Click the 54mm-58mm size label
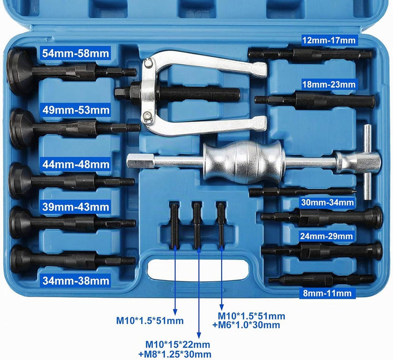coord(75,54)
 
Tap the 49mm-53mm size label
coord(76,110)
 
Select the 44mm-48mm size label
coord(76,164)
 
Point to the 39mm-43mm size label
coord(76,207)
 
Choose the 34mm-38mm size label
coord(76,281)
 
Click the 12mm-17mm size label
coord(329,40)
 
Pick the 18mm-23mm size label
coord(329,84)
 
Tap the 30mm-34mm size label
coord(327,202)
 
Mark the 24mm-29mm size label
coord(326,236)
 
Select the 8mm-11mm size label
coord(327,293)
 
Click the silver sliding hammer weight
coord(244,161)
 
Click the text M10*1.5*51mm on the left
coord(150,321)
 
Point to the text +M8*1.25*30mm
coord(175,354)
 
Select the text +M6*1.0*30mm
coord(246,325)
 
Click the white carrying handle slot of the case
coord(198,270)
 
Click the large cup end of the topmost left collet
coord(18,72)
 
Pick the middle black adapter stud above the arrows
coord(197,225)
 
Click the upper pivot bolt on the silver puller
coord(148,63)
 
